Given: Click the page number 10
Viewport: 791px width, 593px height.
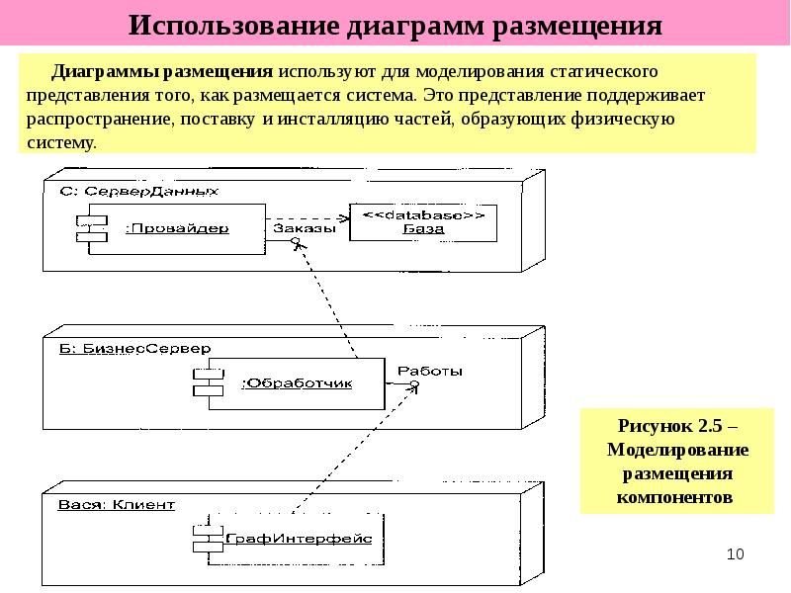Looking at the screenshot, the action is click(x=735, y=553).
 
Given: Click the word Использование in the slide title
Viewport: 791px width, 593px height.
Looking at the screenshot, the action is click(x=233, y=26).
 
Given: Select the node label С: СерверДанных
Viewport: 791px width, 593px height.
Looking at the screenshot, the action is click(x=138, y=191).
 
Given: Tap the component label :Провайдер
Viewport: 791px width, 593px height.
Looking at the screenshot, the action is click(x=177, y=228).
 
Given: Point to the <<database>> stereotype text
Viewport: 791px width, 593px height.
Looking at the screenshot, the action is click(x=424, y=215).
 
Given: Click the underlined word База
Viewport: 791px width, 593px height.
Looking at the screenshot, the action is click(x=424, y=229).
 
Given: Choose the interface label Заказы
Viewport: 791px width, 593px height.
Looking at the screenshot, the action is click(x=305, y=228).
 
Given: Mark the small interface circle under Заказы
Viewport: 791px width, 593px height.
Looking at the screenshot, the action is click(x=296, y=241).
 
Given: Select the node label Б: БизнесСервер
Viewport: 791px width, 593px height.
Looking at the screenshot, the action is click(x=135, y=349).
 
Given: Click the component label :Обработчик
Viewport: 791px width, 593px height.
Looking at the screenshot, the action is click(x=298, y=383).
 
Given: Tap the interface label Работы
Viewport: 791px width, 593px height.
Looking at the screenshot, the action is click(x=430, y=372).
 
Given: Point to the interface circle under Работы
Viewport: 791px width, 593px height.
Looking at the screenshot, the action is click(x=414, y=384).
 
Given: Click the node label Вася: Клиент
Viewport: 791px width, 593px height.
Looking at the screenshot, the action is click(x=117, y=505).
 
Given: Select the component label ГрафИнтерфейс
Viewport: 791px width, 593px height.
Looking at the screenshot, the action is click(x=299, y=539).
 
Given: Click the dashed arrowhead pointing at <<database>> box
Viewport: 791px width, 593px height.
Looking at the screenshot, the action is click(x=344, y=218).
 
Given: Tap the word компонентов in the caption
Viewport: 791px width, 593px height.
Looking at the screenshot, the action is click(x=674, y=497).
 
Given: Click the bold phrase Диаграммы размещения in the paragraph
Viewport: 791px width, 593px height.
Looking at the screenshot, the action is click(x=162, y=71).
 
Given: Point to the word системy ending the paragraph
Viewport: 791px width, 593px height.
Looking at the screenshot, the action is click(x=61, y=143).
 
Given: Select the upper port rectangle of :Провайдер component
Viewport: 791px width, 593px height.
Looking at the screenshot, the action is click(x=92, y=220).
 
